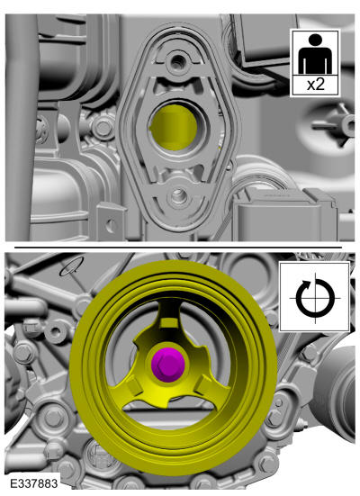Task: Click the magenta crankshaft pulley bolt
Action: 168,365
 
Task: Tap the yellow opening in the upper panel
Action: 174,127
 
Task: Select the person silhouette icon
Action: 315,54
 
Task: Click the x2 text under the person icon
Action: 315,85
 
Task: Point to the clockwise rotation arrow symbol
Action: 315,298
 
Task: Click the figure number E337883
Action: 34,483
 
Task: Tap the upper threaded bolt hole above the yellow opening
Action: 178,59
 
